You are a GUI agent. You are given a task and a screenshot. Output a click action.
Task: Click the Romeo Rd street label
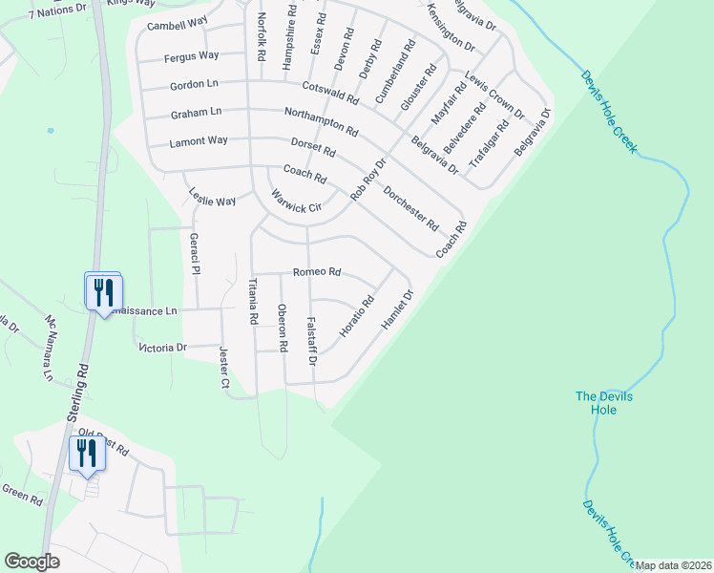click(317, 272)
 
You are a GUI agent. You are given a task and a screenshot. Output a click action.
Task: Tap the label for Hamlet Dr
click(396, 310)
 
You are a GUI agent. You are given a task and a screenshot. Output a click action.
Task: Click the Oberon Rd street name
click(283, 328)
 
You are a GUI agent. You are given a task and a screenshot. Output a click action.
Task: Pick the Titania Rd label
click(254, 303)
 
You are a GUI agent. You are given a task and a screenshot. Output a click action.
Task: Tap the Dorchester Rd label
click(410, 209)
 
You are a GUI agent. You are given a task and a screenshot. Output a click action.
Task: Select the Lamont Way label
click(199, 141)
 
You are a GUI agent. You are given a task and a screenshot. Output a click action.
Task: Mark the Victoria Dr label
click(162, 348)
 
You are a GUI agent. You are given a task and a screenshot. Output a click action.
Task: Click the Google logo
click(31, 562)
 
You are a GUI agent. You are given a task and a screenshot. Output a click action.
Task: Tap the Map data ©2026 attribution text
click(673, 565)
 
